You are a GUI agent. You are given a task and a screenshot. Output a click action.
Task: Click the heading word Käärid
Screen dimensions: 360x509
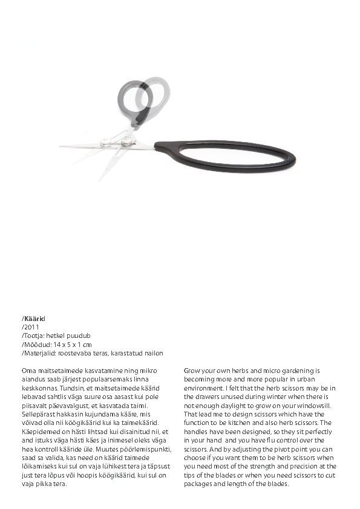click(34, 318)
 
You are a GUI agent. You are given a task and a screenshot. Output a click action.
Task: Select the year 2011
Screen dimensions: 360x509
click(31, 326)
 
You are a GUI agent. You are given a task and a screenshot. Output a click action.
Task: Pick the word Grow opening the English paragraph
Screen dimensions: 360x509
click(193, 369)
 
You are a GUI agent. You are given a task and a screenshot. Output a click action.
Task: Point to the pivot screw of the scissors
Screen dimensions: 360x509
click(127, 141)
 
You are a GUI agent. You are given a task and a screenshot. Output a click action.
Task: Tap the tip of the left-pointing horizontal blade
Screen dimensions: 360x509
click(61, 146)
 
